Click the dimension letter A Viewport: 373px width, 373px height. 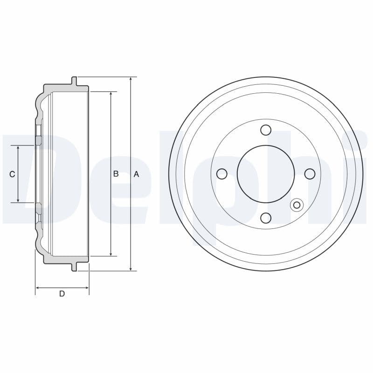(136, 174)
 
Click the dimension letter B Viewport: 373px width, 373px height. (116, 174)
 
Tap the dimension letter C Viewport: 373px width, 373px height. (12, 174)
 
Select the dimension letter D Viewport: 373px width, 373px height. (62, 294)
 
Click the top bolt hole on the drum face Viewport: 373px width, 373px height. (266, 130)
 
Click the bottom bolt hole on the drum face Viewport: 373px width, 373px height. (266, 218)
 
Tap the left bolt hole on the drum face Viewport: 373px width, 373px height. (222, 174)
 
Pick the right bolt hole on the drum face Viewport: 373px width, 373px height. (310, 174)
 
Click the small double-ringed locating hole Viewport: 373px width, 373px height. (297, 205)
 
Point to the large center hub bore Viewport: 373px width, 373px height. (266, 174)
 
